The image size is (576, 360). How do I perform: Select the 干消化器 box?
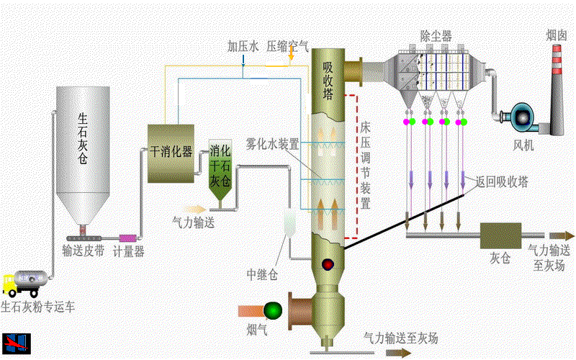click(171, 153)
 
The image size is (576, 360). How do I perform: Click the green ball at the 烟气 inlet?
click(273, 310)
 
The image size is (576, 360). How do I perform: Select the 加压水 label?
click(243, 47)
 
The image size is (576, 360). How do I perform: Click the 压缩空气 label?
click(288, 47)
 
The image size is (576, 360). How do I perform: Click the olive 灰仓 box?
click(500, 235)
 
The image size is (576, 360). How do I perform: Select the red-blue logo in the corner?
click(12, 343)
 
